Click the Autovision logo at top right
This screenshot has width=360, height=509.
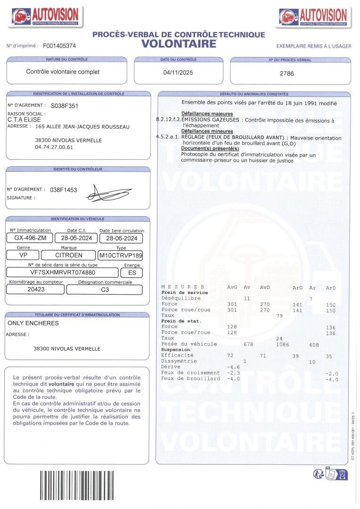click(x=313, y=17)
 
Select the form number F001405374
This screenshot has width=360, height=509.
click(x=59, y=46)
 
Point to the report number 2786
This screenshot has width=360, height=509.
click(x=286, y=74)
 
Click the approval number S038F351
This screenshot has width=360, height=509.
click(x=65, y=106)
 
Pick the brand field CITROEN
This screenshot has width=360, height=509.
click(x=69, y=255)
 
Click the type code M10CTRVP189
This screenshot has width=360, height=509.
click(x=121, y=255)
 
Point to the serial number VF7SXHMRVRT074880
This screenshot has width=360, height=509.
click(x=63, y=272)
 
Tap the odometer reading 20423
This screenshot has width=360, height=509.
click(x=36, y=289)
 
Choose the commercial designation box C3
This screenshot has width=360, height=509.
click(x=105, y=289)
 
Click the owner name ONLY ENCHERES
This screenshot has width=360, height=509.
click(x=33, y=323)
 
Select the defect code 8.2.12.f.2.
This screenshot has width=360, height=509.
click(x=168, y=120)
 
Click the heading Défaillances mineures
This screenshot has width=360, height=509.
click(x=207, y=131)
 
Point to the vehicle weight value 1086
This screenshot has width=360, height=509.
click(x=282, y=345)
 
